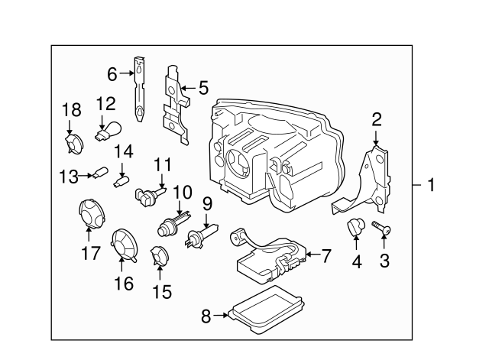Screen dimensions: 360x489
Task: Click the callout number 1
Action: coord(432,185)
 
